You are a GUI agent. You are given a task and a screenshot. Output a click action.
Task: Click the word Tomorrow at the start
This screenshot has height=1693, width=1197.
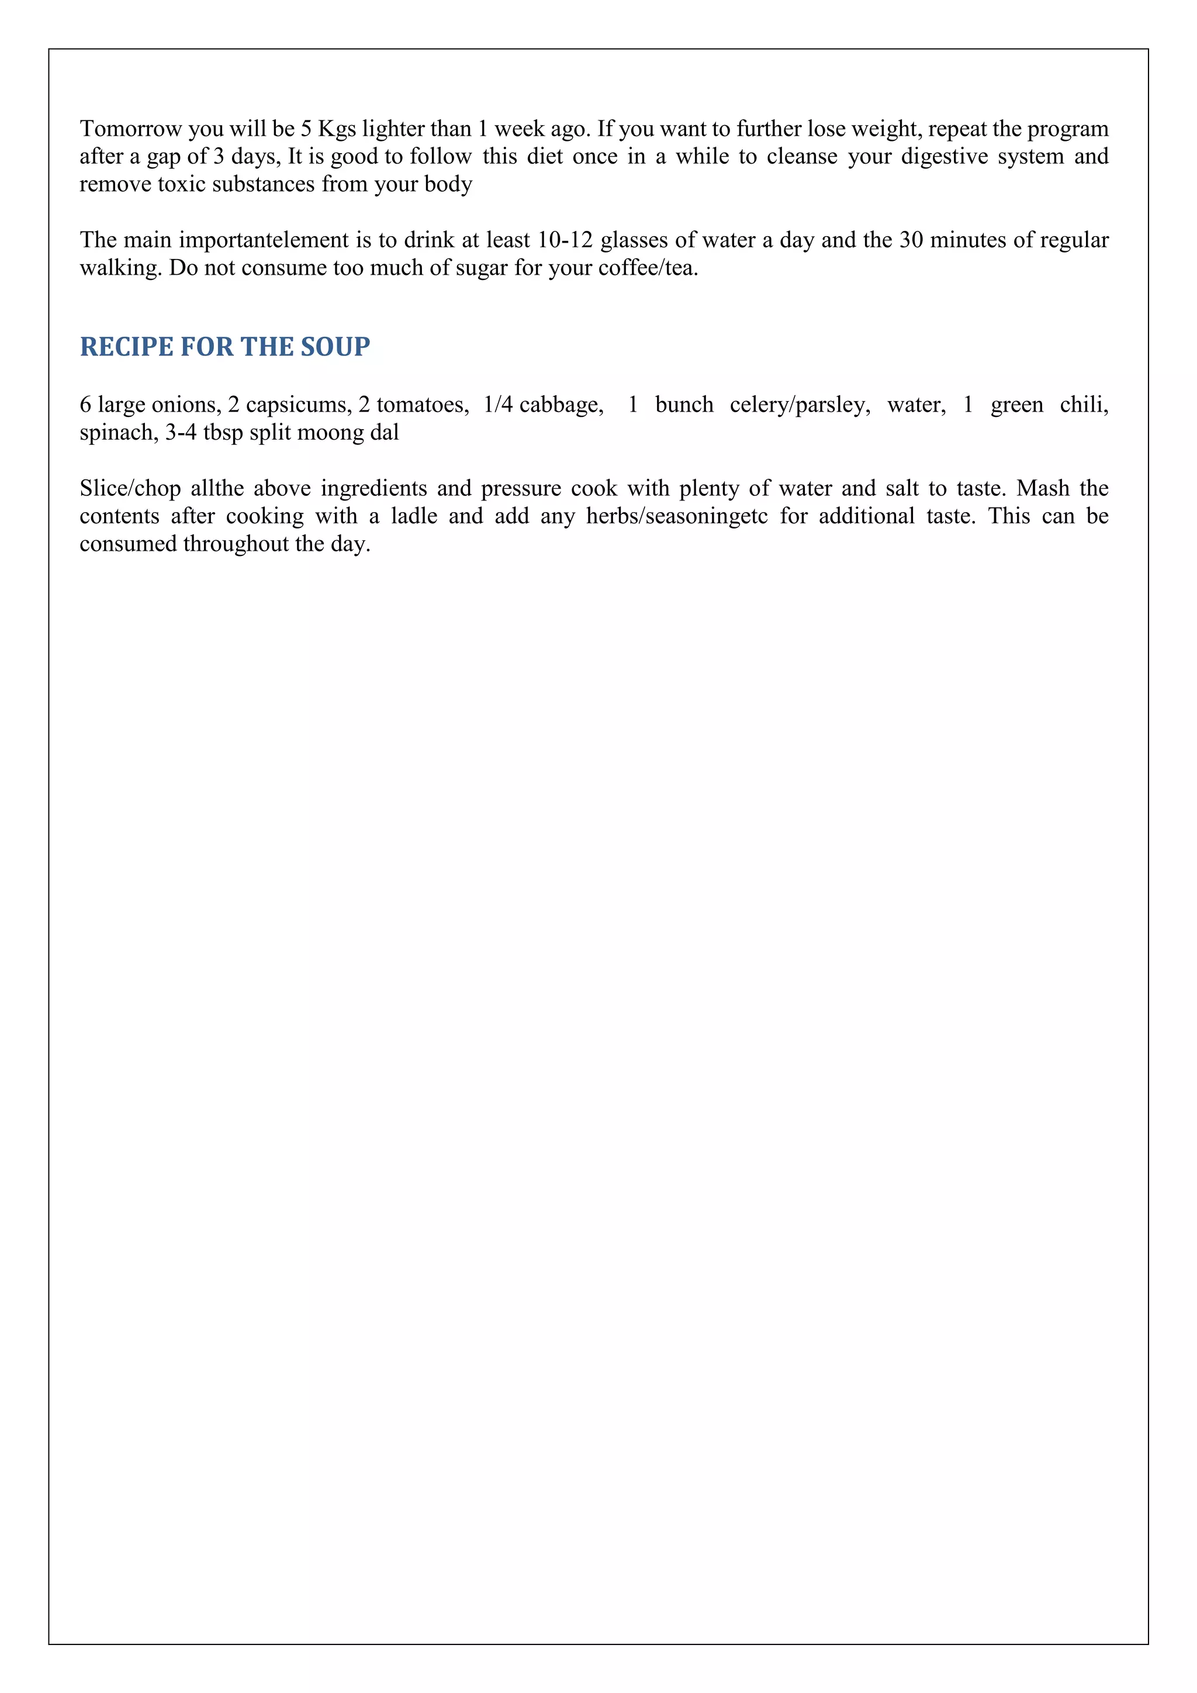coord(130,129)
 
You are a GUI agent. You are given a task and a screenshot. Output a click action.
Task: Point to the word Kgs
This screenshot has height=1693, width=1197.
coord(337,129)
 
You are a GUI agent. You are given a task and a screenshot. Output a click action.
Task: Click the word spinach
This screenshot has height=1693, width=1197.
coord(119,433)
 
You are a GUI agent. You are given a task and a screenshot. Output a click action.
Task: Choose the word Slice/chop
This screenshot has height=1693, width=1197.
coord(130,489)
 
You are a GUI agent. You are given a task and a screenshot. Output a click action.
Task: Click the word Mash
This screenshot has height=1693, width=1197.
coord(1043,489)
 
